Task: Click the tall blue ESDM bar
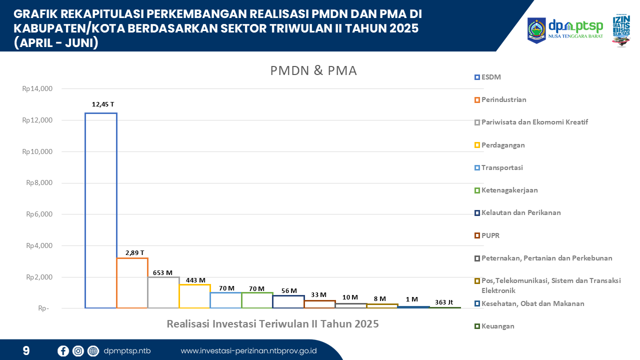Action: [x=101, y=210]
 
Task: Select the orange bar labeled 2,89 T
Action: [x=132, y=282]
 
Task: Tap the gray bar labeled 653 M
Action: [x=163, y=292]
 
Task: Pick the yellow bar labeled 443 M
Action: [x=194, y=295]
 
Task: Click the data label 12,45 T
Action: [x=103, y=104]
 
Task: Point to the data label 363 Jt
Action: [x=443, y=301]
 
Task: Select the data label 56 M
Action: [x=288, y=290]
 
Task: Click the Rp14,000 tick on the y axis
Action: [x=37, y=89]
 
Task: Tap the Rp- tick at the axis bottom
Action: [x=43, y=308]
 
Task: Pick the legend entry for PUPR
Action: [x=490, y=235]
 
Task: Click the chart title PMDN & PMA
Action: [x=313, y=71]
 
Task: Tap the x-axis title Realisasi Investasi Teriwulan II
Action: [x=272, y=324]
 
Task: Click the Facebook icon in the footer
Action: [x=63, y=350]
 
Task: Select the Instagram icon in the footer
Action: [x=78, y=350]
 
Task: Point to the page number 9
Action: [x=26, y=350]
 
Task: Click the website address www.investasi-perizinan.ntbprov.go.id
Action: [x=248, y=350]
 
